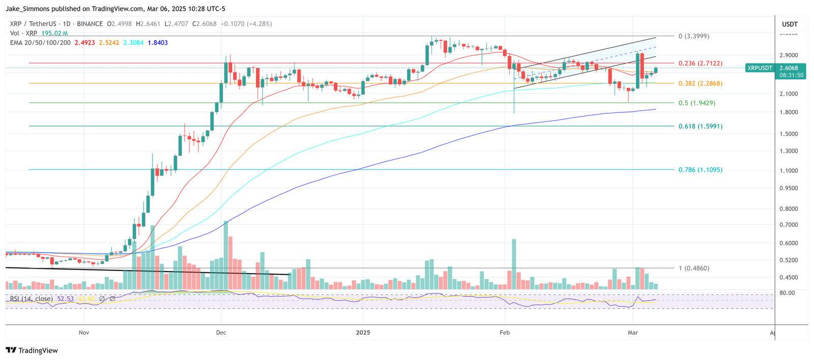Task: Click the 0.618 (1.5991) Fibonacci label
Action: (700, 126)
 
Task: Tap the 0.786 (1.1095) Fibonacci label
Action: (700, 170)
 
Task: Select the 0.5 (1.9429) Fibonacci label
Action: (696, 103)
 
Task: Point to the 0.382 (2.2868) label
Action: (700, 83)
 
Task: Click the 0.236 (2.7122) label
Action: (700, 64)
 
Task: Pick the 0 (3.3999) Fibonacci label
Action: (693, 36)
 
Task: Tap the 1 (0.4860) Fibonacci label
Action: (693, 268)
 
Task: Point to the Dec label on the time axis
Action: (221, 333)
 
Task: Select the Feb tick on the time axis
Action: (505, 333)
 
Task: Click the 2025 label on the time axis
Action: (363, 333)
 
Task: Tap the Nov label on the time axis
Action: (84, 333)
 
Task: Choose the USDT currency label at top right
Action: (790, 24)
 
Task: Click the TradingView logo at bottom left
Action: (32, 350)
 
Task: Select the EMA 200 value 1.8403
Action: (158, 43)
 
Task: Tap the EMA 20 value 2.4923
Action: (84, 43)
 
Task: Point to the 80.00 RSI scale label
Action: (787, 293)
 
